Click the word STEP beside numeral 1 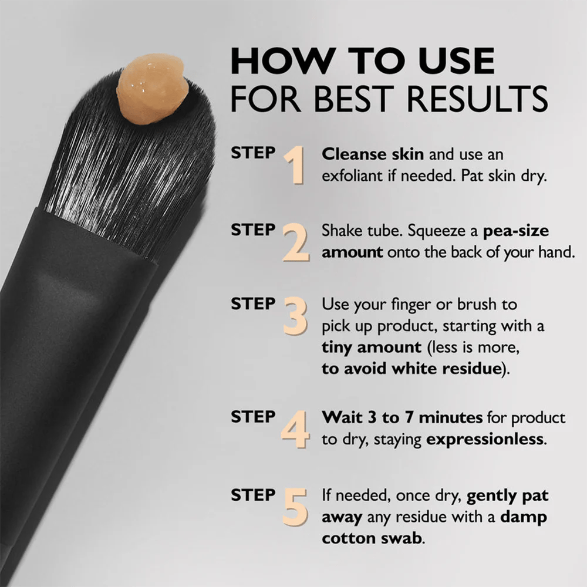(x=253, y=153)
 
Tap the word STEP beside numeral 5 (x=253, y=495)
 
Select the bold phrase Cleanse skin (x=373, y=154)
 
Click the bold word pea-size (x=516, y=231)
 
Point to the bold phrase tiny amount (x=372, y=347)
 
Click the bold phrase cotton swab (x=372, y=538)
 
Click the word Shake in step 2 (x=340, y=231)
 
